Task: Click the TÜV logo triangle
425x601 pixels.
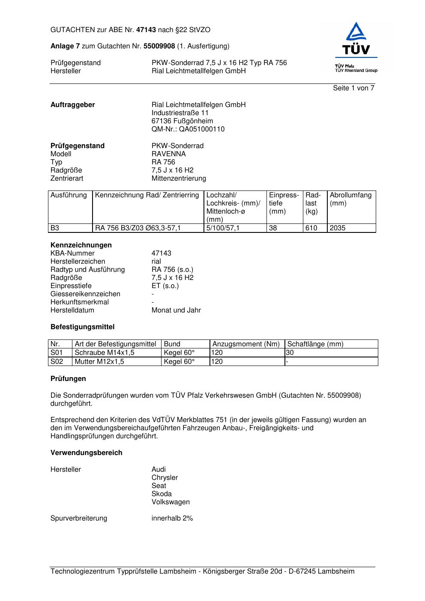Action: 356,32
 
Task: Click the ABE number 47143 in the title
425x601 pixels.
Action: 146,30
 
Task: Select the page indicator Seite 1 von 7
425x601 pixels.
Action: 353,88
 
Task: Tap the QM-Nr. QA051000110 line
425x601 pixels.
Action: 188,129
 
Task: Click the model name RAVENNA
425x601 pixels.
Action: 168,154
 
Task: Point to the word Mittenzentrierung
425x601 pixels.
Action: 179,179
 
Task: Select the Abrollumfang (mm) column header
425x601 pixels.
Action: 350,199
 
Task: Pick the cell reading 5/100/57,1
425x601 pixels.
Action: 223,228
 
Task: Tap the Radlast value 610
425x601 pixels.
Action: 311,228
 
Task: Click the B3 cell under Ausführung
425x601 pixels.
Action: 55,228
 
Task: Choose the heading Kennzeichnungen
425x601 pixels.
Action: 81,245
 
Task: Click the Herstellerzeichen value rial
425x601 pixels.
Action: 156,262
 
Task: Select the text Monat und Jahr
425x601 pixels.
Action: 176,310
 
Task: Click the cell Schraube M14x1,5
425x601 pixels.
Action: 105,353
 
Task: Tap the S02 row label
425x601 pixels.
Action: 57,362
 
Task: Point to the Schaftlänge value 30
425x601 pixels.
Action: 290,353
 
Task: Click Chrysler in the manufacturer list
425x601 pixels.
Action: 165,478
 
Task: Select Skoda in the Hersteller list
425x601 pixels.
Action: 162,494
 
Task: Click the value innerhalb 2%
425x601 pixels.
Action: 172,518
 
